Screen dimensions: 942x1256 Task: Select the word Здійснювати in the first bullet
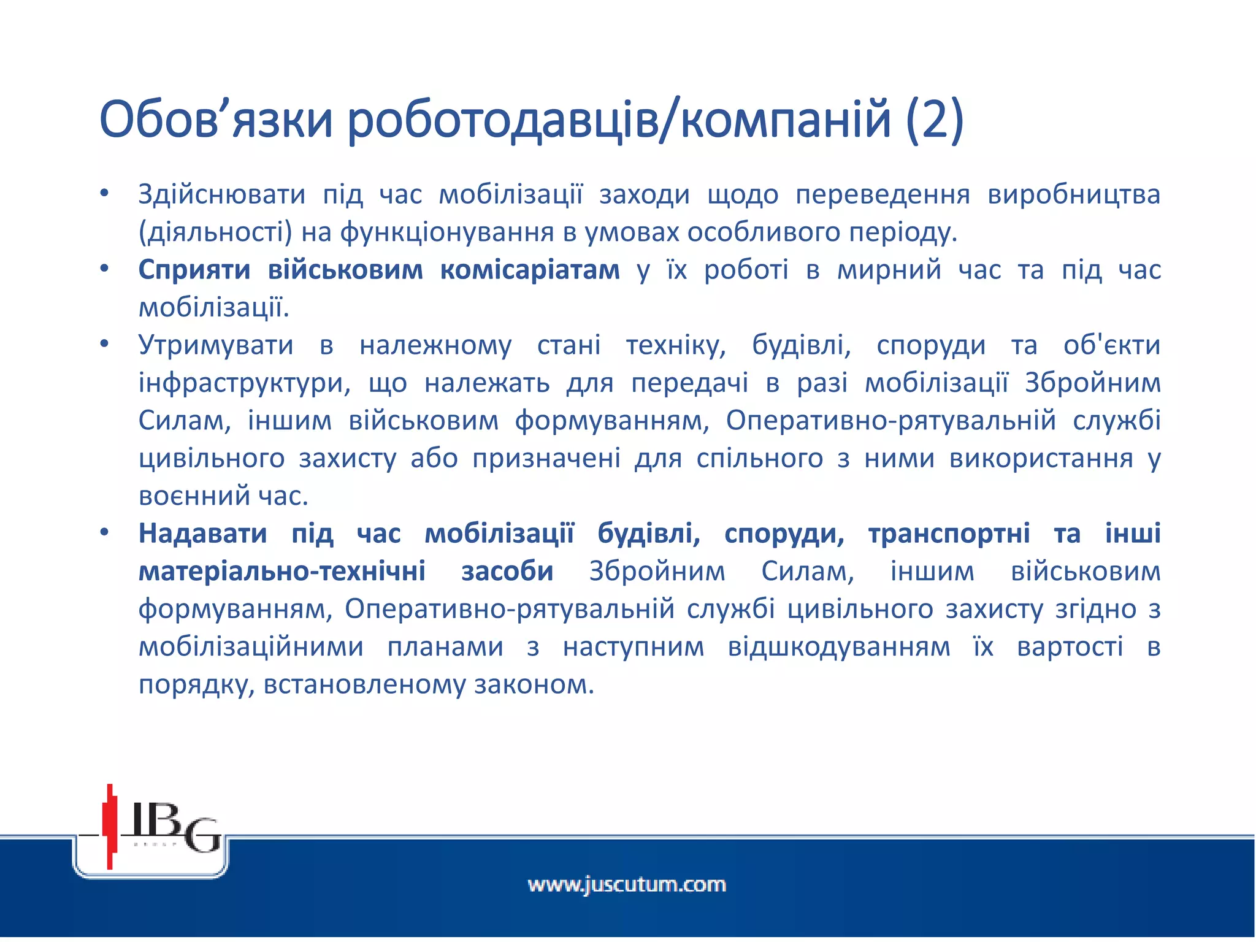point(221,195)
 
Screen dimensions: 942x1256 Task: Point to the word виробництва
point(1073,195)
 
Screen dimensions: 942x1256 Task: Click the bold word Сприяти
point(194,270)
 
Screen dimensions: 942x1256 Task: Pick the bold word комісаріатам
point(530,270)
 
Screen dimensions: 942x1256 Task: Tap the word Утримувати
point(216,346)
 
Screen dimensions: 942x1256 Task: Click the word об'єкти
point(1111,346)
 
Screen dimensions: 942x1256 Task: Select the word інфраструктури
point(244,384)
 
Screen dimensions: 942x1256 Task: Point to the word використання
point(1041,459)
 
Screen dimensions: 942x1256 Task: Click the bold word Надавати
point(202,534)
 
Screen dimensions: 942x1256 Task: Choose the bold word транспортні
point(949,534)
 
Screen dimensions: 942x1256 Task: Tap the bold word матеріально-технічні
point(282,572)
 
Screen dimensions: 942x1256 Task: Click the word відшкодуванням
point(838,648)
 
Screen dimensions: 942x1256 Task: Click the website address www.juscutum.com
point(627,885)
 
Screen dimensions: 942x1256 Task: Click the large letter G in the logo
point(202,835)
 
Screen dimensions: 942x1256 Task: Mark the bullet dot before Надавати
point(104,533)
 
